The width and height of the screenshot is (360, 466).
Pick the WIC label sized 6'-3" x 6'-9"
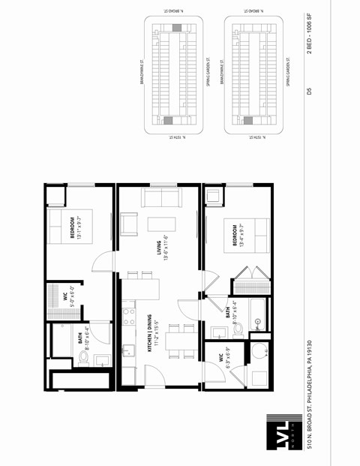tap(225, 359)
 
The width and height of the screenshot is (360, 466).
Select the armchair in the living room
tap(129, 224)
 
